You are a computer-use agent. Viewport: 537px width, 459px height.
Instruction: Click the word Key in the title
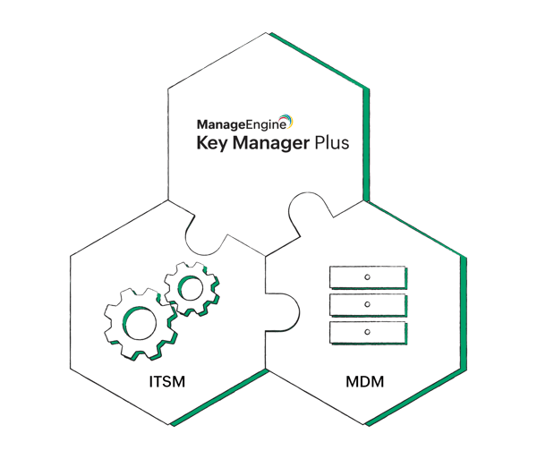click(212, 143)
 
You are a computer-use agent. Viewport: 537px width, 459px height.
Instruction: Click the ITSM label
click(167, 383)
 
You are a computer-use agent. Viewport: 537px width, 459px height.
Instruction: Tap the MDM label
click(362, 383)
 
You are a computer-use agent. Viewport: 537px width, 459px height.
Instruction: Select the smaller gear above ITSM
click(190, 287)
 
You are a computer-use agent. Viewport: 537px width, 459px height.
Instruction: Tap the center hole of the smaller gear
click(190, 287)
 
